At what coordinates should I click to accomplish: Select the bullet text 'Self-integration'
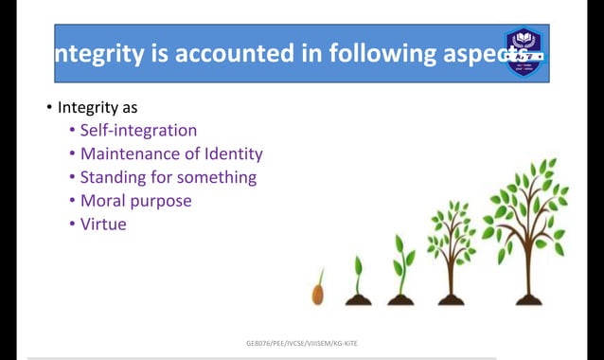[x=138, y=131]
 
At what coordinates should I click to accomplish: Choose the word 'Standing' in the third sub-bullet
[x=115, y=177]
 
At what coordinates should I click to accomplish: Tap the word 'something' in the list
[x=218, y=177]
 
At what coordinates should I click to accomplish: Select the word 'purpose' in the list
[x=161, y=201]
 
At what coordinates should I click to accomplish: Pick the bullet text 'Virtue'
[x=103, y=225]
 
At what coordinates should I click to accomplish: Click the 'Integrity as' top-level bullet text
[x=98, y=107]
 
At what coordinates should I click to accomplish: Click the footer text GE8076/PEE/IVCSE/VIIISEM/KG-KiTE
[x=301, y=343]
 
